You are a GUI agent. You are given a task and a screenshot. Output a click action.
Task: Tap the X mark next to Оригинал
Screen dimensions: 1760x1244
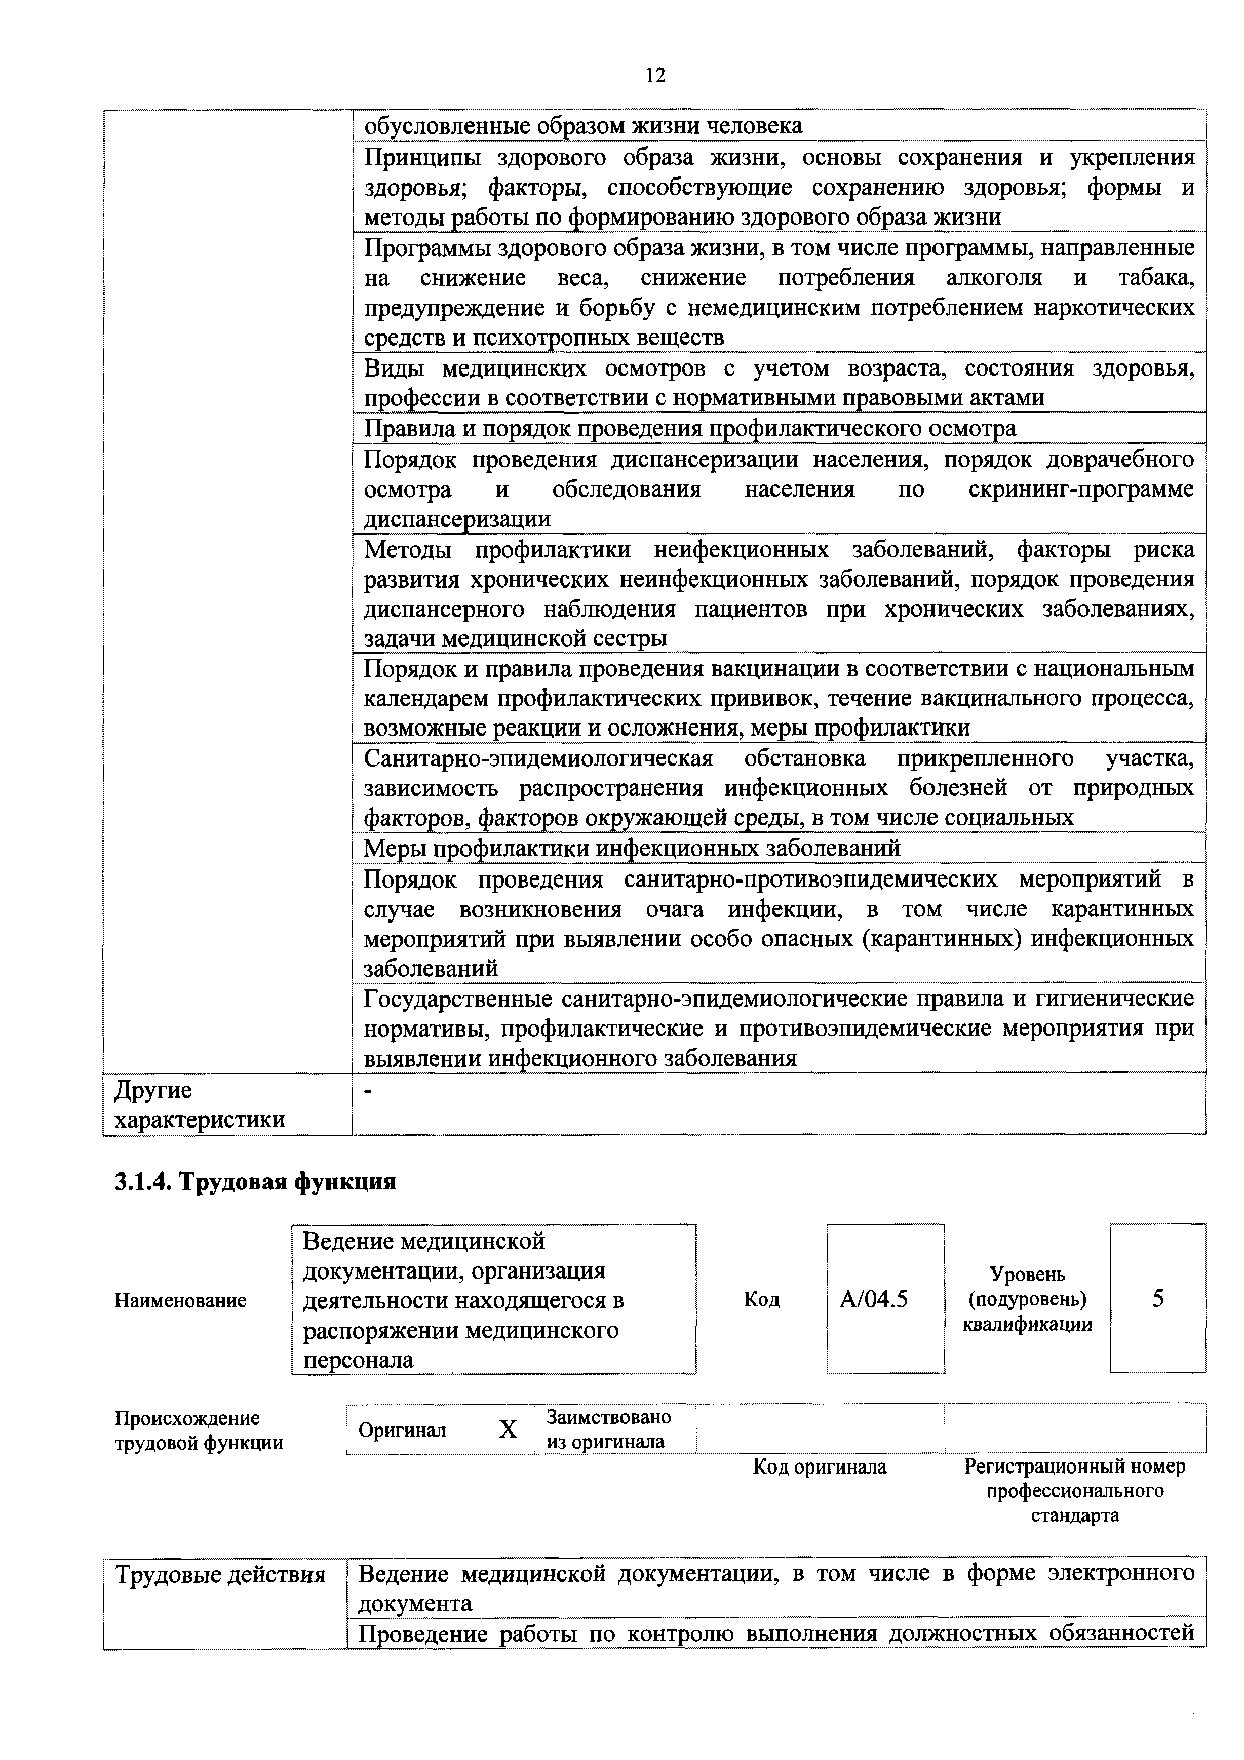click(x=508, y=1429)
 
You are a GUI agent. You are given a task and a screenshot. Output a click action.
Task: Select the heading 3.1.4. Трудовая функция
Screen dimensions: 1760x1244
click(x=255, y=1181)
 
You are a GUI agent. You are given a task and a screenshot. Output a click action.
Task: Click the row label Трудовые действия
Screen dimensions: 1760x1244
click(x=220, y=1575)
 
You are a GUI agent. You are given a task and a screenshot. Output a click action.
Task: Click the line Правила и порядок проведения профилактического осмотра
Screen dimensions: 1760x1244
click(x=690, y=428)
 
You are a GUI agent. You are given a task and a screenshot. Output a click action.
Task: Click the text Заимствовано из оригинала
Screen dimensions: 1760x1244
click(x=608, y=1429)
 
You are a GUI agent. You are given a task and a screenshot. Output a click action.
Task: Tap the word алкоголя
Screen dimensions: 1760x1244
click(x=994, y=277)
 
